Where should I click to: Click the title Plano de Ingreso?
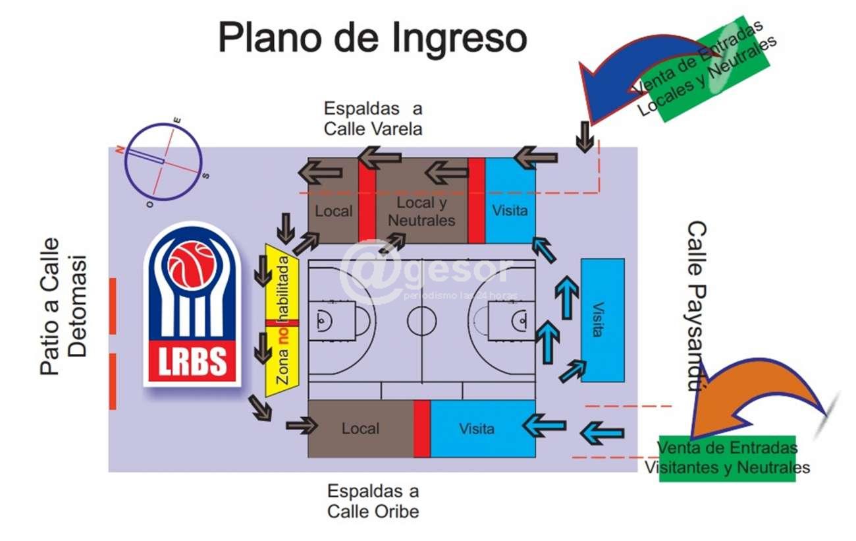[373, 38]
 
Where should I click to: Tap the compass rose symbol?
[163, 161]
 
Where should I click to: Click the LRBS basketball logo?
[193, 304]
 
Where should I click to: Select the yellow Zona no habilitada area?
[282, 320]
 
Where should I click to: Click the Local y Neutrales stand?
[421, 211]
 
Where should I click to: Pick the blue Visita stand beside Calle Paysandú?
[602, 320]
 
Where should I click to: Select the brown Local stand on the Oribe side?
[360, 428]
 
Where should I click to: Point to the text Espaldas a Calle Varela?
[373, 119]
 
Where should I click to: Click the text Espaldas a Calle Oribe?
[373, 501]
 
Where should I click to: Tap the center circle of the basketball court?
[421, 321]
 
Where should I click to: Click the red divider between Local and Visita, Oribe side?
[421, 428]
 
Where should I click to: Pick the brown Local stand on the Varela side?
[334, 211]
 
